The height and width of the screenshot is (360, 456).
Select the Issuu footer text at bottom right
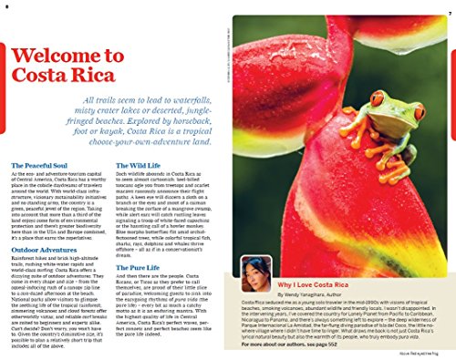coord(420,352)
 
